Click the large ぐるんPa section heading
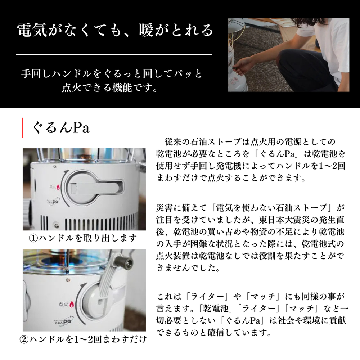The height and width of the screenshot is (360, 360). (61, 128)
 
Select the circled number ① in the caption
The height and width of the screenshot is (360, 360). (34, 238)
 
